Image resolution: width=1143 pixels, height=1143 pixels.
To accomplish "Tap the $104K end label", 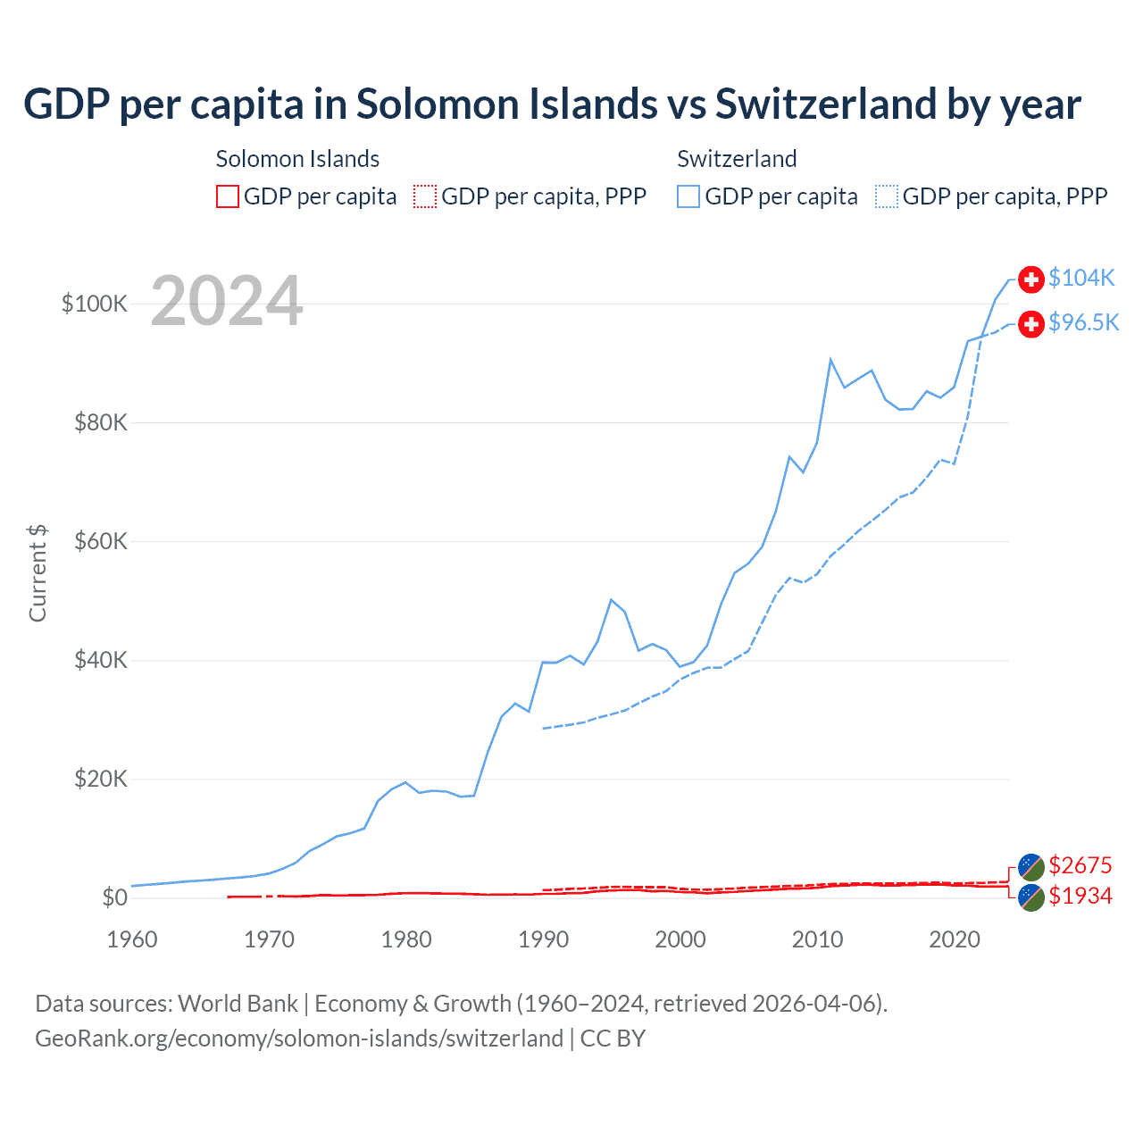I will coord(1081,278).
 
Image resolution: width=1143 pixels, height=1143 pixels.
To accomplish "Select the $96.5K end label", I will coord(1083,322).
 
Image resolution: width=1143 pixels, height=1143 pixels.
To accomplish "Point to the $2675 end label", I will coord(1080,865).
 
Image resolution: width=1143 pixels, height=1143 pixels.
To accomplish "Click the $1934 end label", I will coord(1080,896).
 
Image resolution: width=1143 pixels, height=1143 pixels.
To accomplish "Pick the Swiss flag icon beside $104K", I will coord(1031,279).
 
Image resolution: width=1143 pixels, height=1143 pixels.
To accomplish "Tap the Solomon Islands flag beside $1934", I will coord(1031,897).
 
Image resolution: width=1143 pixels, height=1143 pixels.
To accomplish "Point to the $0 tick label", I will coord(114,897).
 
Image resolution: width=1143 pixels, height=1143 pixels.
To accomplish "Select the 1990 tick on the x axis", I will coord(543,939).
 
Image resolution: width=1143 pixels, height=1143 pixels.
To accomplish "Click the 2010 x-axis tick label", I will coord(817,939).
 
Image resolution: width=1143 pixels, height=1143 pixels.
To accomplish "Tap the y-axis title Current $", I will coord(38,573).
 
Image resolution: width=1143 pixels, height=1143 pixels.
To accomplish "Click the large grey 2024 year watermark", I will coord(227,301).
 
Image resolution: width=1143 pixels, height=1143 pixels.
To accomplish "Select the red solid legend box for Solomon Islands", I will coord(228,196).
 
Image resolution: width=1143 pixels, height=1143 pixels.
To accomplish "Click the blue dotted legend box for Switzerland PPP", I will coord(887,196).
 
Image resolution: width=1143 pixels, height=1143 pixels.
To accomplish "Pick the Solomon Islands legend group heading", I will coord(297,159).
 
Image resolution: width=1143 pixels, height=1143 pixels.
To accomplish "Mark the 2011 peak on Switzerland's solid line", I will coord(830,360).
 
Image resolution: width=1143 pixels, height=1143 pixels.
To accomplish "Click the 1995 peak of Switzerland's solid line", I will coord(611,600).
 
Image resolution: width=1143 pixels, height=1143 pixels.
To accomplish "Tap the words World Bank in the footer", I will coord(238,1004).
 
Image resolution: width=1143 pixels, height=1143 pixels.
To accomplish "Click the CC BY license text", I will coord(613,1039).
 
